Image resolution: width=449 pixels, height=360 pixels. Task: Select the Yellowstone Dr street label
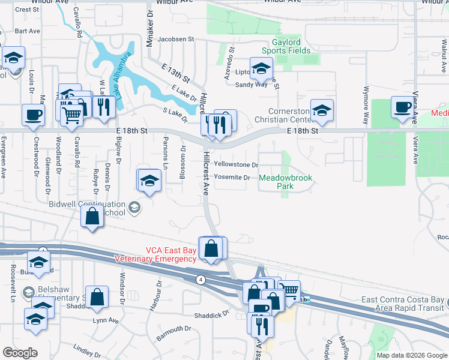click(x=236, y=164)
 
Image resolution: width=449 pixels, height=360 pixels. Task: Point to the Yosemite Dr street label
click(x=232, y=177)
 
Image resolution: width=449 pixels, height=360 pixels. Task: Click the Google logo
click(x=20, y=352)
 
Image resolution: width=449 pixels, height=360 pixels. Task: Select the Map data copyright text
click(x=411, y=355)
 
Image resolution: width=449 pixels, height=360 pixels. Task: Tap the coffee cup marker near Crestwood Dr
click(x=33, y=115)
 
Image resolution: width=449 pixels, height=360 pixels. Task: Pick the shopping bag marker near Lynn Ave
click(x=97, y=296)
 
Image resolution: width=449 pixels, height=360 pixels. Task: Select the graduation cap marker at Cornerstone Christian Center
click(x=322, y=110)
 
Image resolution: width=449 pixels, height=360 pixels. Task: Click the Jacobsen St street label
click(x=176, y=39)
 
